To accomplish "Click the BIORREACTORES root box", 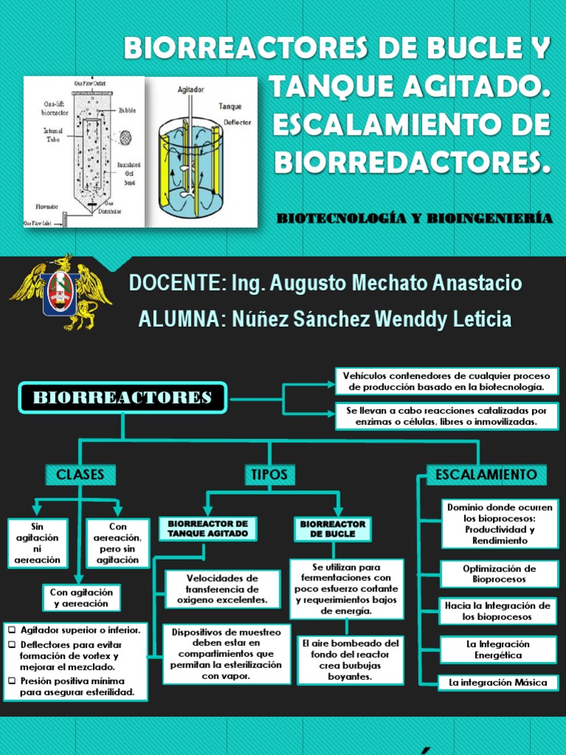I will tap(122, 398).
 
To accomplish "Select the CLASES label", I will tap(80, 474).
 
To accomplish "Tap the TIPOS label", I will tap(269, 474).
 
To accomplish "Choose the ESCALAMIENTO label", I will tap(486, 474).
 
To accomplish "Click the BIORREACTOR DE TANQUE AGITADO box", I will tap(207, 529).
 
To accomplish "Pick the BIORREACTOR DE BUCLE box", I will tap(332, 529).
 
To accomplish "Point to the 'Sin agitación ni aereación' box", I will tap(38, 543).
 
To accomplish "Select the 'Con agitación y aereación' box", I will tap(80, 597).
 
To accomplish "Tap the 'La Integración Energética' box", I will tap(499, 649).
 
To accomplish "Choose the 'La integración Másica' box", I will tap(498, 683).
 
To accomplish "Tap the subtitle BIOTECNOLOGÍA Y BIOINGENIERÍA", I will tap(414, 218).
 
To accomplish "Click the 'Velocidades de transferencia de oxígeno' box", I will tap(223, 589).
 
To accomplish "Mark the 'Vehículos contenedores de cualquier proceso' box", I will tap(447, 380).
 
